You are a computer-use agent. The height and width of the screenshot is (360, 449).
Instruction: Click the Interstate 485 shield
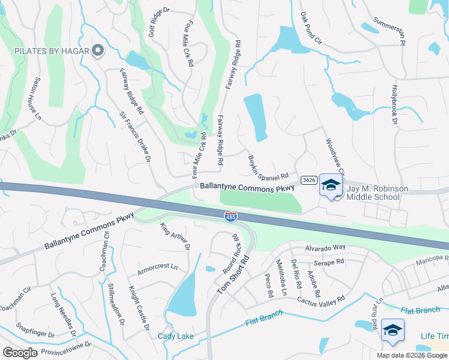pos(231,215)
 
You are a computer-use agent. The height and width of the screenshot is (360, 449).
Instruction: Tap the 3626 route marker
pos(309,179)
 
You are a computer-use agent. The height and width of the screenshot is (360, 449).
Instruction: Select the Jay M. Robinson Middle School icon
pos(330,186)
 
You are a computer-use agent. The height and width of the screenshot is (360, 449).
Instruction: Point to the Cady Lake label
pos(175,336)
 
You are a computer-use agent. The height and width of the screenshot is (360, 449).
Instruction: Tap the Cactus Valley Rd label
pos(321,299)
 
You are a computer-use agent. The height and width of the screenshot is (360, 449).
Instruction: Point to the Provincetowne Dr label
pos(67,346)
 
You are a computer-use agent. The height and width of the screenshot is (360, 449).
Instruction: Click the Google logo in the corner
pos(20,352)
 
